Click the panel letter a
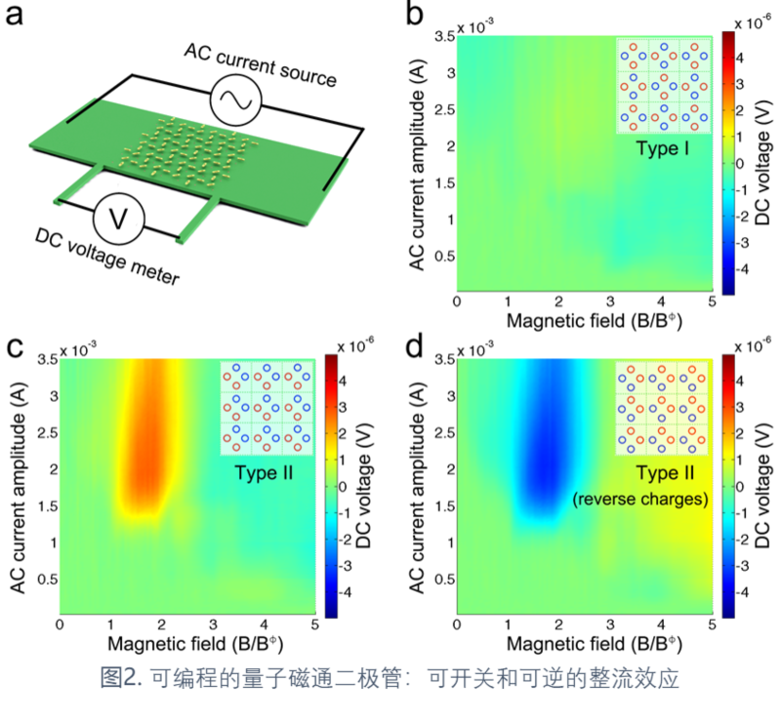click(17, 18)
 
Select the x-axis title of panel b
click(584, 321)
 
